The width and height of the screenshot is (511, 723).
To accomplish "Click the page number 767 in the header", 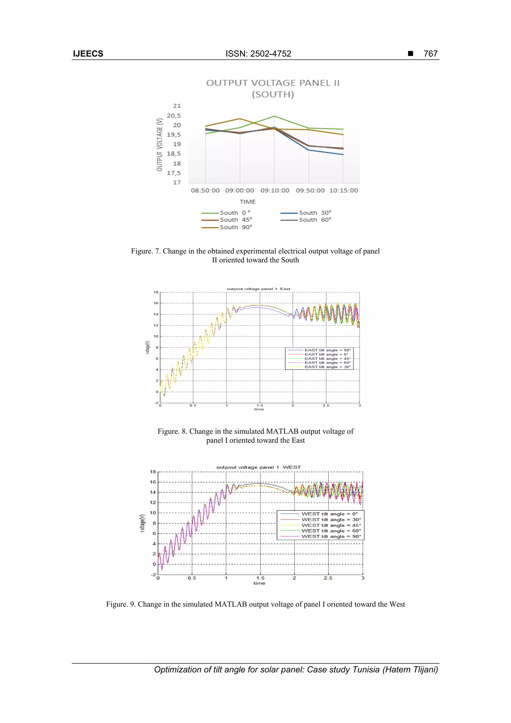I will coord(430,54).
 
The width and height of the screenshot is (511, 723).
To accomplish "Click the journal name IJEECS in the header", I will coord(88,54).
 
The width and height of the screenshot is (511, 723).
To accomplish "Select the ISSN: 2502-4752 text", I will coord(258,54).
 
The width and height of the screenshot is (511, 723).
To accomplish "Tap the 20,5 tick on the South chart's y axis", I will coord(174,116).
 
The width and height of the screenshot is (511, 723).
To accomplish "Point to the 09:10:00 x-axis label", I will coord(274,190).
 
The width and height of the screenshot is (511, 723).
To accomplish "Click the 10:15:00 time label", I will coord(344,190).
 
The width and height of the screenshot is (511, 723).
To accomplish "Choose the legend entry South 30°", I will coord(315,213).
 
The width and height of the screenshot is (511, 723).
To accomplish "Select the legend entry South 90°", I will coord(236,227).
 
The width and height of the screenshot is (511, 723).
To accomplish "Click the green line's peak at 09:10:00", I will coord(274,116).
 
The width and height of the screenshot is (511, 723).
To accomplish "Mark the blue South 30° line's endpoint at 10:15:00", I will coord(343,154).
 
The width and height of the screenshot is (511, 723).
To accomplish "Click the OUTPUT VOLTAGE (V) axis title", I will coord(160,145).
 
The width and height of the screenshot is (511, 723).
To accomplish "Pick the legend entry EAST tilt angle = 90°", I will coord(327,350).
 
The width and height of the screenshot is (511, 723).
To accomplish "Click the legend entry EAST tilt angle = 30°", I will coord(327,367).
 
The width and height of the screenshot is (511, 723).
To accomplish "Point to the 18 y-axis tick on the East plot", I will coord(156,292).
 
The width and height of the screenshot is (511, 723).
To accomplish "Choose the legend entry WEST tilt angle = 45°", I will coord(331,525).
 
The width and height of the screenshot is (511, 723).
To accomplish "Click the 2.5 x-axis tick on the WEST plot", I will coord(328,578).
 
